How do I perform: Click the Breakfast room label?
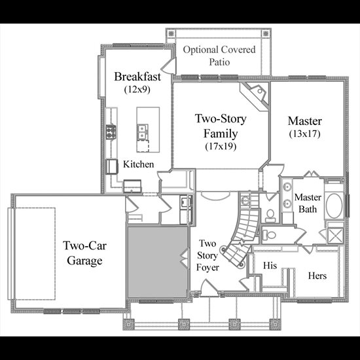137,77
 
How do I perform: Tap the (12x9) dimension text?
137,89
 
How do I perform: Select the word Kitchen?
139,164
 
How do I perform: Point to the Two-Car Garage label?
84,253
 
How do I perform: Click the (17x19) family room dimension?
221,146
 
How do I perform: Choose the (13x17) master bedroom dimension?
304,134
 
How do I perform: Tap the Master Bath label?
308,203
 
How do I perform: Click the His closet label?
270,265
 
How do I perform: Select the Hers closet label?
317,276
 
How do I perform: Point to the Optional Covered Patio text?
219,56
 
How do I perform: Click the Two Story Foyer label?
207,255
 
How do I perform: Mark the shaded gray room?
158,262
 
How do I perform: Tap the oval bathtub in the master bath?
334,206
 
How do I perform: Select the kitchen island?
148,130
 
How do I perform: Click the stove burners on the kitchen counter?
111,132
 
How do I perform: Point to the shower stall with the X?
335,236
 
